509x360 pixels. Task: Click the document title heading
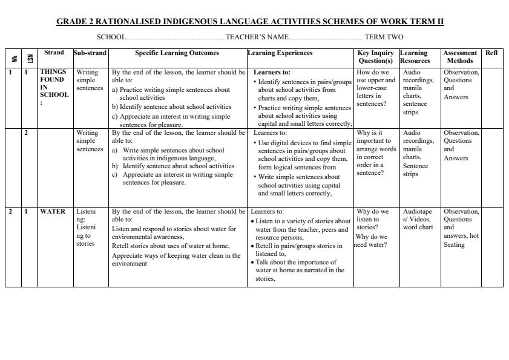[x=250, y=22]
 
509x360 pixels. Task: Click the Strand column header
[x=54, y=53]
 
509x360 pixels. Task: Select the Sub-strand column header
[x=90, y=53]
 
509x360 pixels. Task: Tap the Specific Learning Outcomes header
[x=177, y=53]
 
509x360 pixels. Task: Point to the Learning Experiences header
[x=280, y=53]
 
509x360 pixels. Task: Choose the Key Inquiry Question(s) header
[x=375, y=57]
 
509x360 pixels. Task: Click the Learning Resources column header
[x=415, y=57]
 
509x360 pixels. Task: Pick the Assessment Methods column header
[x=460, y=57]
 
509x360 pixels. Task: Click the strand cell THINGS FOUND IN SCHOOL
[x=54, y=87]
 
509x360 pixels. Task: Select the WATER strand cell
[x=53, y=212]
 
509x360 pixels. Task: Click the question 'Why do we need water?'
[x=372, y=240]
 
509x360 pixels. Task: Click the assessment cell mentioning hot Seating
[x=461, y=228]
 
